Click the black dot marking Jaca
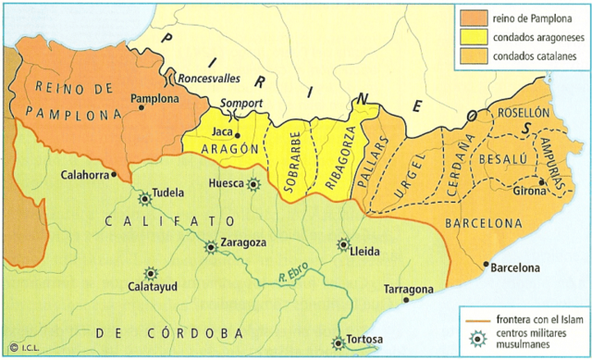239,135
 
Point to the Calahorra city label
85,174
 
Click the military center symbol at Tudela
145,197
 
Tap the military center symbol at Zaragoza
212,245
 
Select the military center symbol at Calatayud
154,275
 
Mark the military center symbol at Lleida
344,245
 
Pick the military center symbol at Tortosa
339,343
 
